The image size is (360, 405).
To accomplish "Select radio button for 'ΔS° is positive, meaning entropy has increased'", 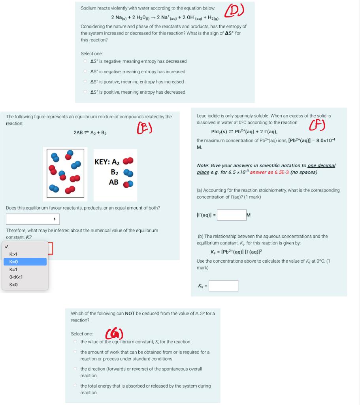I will click(x=85, y=82).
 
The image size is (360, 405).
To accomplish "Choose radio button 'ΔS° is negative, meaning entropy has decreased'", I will click(x=85, y=61).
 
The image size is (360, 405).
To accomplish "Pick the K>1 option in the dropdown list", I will click(x=14, y=254).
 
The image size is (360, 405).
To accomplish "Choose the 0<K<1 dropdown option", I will click(x=16, y=277).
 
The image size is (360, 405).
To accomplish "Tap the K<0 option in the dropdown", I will click(x=14, y=284).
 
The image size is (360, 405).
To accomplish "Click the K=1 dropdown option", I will click(x=14, y=269).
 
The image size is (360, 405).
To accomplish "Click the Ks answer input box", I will click(x=223, y=286).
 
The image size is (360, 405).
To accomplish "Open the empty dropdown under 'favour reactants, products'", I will click(x=32, y=219).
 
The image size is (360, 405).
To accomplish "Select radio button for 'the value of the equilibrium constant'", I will click(x=75, y=342).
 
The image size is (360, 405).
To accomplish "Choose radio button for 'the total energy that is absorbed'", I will click(x=75, y=386).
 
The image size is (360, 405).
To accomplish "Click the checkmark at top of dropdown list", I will click(x=5, y=246).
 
